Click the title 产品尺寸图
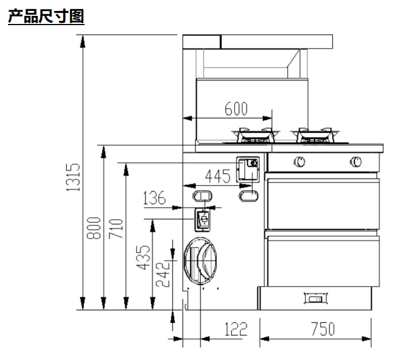46,17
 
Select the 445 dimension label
218,176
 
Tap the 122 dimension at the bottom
235,329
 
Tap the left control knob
299,162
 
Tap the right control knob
355,162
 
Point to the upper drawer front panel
323,202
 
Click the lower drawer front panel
323,260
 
